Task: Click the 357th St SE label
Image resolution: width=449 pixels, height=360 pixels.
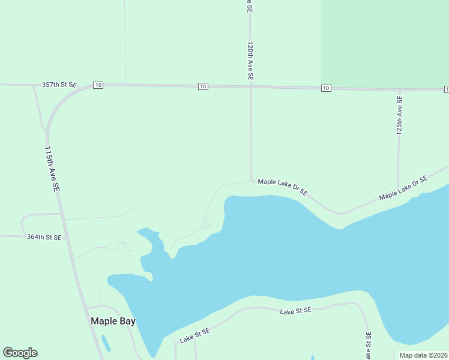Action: [x=59, y=85]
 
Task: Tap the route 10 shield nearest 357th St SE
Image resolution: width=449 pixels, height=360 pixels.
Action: [x=98, y=86]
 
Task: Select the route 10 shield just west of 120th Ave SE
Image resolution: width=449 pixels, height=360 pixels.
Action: [x=203, y=87]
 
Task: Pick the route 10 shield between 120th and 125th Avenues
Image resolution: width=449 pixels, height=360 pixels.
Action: [x=326, y=88]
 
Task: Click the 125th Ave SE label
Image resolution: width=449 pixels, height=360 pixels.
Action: [x=399, y=115]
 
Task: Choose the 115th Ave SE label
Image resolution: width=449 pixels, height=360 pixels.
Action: [x=53, y=169]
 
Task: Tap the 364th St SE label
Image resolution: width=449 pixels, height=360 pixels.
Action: [x=44, y=238]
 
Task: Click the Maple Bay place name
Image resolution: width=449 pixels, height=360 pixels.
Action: [x=113, y=321]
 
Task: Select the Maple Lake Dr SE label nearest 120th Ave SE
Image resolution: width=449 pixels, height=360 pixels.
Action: [x=283, y=187]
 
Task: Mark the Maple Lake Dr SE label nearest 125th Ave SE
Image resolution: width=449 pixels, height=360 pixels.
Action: [x=403, y=188]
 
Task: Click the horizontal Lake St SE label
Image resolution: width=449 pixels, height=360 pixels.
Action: [x=296, y=310]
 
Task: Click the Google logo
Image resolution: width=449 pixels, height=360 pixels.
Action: [x=20, y=353]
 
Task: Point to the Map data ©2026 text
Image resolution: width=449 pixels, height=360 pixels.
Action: [x=423, y=355]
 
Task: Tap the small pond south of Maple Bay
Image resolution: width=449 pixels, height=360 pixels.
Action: [x=106, y=343]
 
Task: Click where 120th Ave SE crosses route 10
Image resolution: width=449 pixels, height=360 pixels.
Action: [x=250, y=88]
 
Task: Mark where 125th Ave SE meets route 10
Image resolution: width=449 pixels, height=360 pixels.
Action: [x=399, y=89]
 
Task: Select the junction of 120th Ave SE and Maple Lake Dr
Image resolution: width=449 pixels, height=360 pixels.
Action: [x=251, y=180]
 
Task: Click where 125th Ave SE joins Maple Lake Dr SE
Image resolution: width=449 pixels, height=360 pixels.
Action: [x=397, y=190]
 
